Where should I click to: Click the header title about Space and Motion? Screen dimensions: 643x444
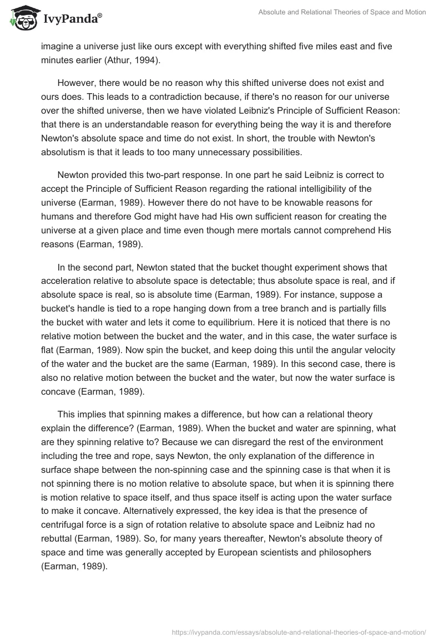pyautogui.click(x=342, y=12)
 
